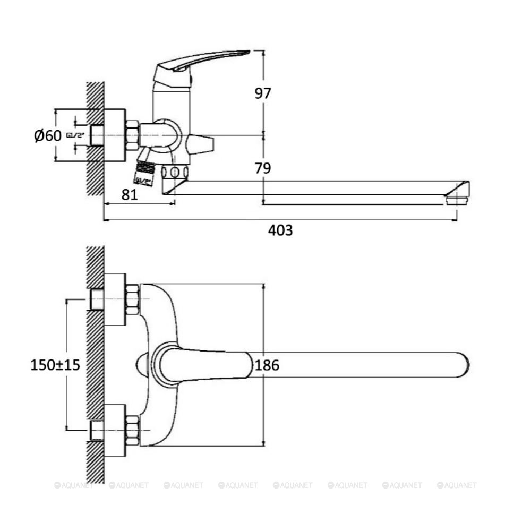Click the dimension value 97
coord(262,93)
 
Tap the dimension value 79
coord(262,168)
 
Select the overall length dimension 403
coord(280,230)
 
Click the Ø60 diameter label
coord(48,135)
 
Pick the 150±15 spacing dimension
coord(55,365)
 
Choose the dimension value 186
coord(267,365)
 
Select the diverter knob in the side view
coord(201,144)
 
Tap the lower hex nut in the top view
coord(132,430)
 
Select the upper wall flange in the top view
coord(115,299)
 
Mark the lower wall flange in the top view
coord(115,430)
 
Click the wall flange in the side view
coord(115,135)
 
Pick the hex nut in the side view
coord(132,135)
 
